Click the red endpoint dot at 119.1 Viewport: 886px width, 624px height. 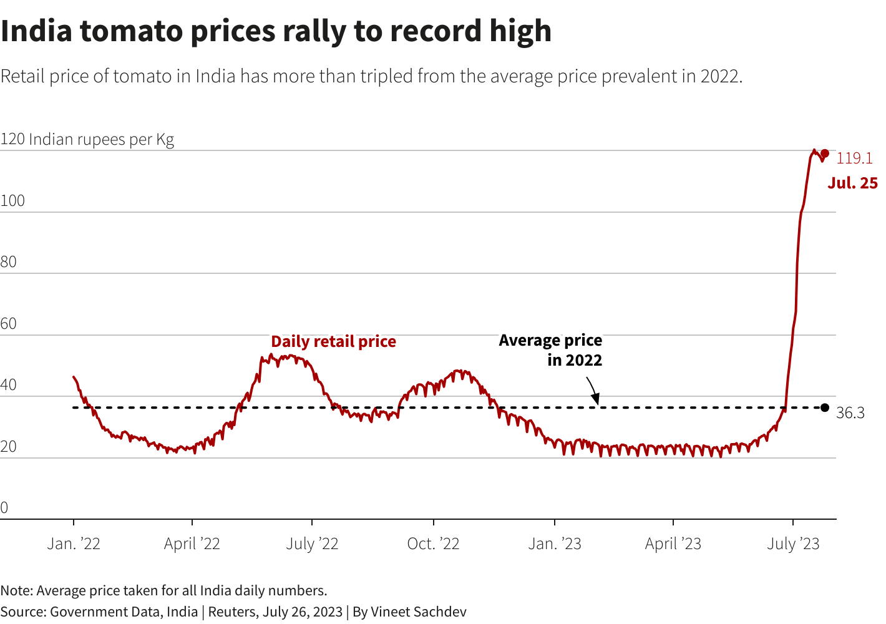[x=825, y=154]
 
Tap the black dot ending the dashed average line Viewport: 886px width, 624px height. [x=825, y=407]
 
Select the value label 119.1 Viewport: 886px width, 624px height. [x=854, y=158]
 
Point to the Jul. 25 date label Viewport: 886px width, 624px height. [x=852, y=183]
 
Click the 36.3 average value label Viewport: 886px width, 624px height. [x=850, y=413]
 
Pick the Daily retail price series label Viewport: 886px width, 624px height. [x=333, y=341]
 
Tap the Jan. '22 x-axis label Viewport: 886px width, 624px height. [x=74, y=544]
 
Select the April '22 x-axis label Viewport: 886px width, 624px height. [x=192, y=544]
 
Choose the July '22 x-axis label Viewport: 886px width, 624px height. [x=312, y=544]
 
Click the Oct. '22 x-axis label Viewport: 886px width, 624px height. [x=433, y=544]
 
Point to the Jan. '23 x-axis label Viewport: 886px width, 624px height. [x=555, y=544]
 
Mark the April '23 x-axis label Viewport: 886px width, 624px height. [x=673, y=544]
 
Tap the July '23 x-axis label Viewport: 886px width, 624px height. [x=793, y=544]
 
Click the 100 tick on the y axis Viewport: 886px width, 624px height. [x=12, y=201]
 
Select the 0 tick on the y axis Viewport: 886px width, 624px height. [x=4, y=508]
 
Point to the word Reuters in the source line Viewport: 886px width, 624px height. [x=232, y=612]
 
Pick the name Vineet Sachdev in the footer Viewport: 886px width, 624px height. [x=419, y=612]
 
